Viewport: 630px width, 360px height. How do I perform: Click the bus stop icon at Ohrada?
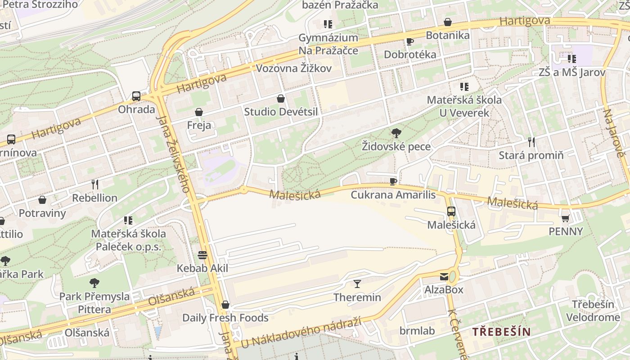pyautogui.click(x=136, y=96)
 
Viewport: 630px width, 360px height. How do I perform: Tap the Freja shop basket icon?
pyautogui.click(x=199, y=112)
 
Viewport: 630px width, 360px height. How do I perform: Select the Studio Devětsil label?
pyautogui.click(x=281, y=112)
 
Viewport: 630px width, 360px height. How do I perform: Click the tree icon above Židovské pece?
pyautogui.click(x=396, y=133)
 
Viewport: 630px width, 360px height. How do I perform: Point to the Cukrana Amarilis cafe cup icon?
pyautogui.click(x=393, y=181)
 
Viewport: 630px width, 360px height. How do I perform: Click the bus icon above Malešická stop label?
pyautogui.click(x=451, y=211)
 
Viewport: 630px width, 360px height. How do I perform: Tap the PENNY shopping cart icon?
pyautogui.click(x=565, y=218)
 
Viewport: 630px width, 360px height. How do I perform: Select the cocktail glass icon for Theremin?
pyautogui.click(x=357, y=283)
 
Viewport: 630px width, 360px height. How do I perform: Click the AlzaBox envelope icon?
pyautogui.click(x=444, y=276)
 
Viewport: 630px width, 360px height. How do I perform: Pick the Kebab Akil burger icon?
pyautogui.click(x=202, y=255)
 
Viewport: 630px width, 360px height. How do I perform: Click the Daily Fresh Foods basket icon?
pyautogui.click(x=225, y=305)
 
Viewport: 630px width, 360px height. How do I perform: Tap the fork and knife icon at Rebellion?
pyautogui.click(x=94, y=184)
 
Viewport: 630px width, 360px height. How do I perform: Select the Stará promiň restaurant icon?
pyautogui.click(x=531, y=142)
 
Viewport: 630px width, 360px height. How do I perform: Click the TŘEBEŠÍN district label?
pyautogui.click(x=501, y=332)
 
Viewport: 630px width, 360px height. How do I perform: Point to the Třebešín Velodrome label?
pyautogui.click(x=593, y=311)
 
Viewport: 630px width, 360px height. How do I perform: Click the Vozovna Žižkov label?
pyautogui.click(x=294, y=68)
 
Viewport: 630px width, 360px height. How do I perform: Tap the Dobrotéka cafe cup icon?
pyautogui.click(x=409, y=41)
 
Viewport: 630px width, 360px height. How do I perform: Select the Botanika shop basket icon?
pyautogui.click(x=448, y=22)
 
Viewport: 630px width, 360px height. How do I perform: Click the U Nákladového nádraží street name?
pyautogui.click(x=301, y=333)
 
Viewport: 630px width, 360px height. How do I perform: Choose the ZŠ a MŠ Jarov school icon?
pyautogui.click(x=571, y=59)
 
